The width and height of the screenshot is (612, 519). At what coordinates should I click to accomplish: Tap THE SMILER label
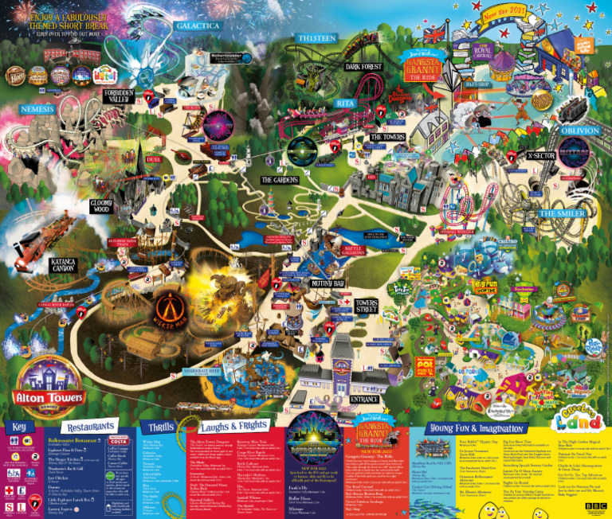563,213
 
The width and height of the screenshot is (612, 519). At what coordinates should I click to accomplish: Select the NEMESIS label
36,108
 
